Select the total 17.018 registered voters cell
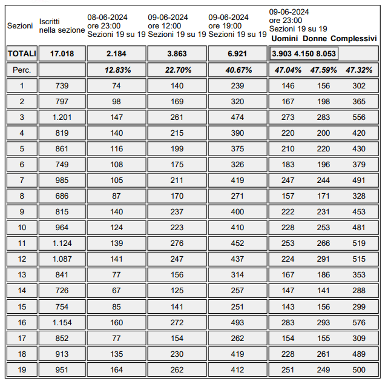[62, 53]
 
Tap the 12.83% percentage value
[117, 70]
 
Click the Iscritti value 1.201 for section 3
[62, 117]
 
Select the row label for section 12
[22, 259]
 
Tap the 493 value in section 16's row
[237, 322]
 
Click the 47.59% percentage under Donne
[324, 70]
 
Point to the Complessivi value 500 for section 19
[358, 369]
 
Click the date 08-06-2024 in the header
[107, 17]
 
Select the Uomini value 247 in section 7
[288, 180]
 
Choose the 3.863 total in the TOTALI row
[177, 53]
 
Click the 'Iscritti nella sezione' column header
[62, 25]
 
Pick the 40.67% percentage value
[237, 70]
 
